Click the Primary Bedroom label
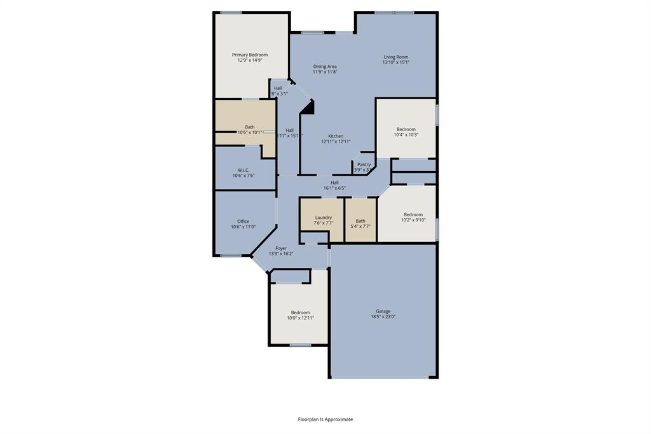point(250,55)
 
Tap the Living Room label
point(395,57)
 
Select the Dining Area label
point(325,66)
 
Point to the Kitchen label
point(336,136)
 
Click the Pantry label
point(364,164)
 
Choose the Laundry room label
point(324,218)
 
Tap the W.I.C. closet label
point(243,170)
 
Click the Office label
point(243,221)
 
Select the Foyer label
point(281,248)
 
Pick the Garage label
point(383,311)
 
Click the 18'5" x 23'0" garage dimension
point(383,317)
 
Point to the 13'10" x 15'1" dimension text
point(395,62)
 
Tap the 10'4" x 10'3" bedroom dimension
point(406,135)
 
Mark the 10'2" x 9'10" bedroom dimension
point(413,220)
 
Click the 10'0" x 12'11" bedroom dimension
point(301,318)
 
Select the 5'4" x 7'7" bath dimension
point(360,226)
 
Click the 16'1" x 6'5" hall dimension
point(334,188)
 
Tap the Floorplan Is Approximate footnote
point(325,419)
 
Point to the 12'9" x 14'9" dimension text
point(250,60)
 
